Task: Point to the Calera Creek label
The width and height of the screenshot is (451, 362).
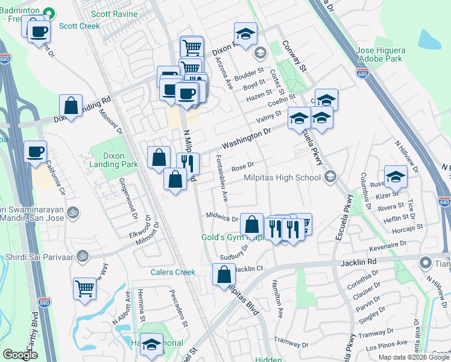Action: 172,272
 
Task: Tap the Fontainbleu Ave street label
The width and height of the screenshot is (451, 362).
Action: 222,178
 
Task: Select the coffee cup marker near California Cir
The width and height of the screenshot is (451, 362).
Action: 36,151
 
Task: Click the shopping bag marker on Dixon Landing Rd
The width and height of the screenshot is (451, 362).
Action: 71,105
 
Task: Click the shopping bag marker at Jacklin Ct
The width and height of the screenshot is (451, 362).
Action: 224,275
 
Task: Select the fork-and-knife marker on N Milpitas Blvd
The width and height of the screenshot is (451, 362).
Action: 188,162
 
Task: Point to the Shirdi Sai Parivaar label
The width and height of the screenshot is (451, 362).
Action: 40,257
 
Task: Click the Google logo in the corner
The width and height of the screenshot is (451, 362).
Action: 20,355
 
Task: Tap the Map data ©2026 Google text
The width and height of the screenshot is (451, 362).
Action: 414,357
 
